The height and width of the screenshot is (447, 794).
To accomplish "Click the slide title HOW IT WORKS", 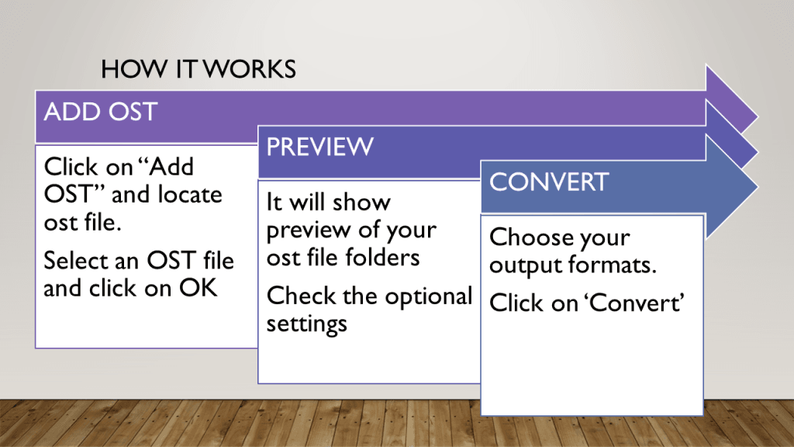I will click(198, 70).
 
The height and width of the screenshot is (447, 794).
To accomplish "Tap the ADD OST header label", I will click(100, 112).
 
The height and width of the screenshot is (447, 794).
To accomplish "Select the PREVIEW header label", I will click(319, 146).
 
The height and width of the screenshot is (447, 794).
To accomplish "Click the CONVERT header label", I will click(549, 182).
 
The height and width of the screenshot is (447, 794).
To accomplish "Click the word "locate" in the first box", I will click(189, 194).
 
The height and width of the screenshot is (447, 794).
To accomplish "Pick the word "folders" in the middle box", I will click(381, 258).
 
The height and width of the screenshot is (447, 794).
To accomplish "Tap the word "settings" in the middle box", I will click(306, 323).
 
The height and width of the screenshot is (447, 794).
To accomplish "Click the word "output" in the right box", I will click(524, 265).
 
